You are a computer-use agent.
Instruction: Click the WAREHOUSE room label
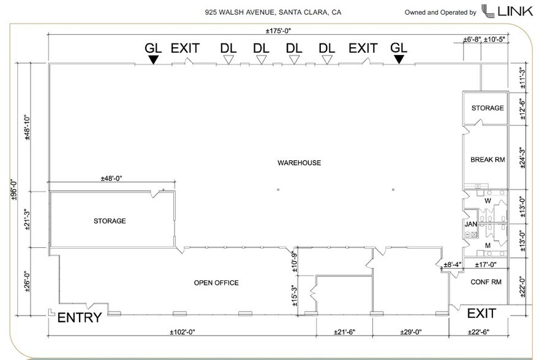pos(299,162)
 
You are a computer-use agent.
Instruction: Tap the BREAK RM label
pos(488,160)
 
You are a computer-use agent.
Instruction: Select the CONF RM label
pos(486,282)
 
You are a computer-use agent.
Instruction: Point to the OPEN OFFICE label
pos(216,283)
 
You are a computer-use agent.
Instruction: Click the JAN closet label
pos(471,224)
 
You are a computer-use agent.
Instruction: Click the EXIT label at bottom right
pos(481,314)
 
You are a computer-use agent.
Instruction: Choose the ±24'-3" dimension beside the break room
pos(522,157)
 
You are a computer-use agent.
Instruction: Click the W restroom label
pos(488,200)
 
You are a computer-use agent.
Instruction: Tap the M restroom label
pos(488,246)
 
